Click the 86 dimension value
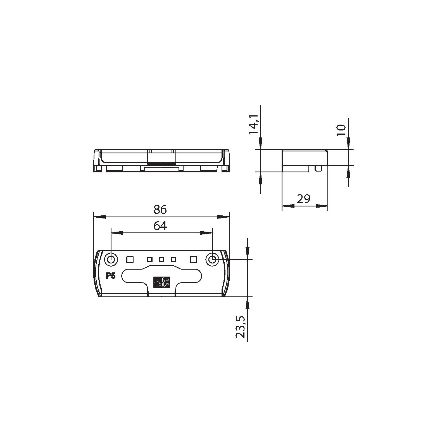click(x=160, y=209)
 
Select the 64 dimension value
click(x=160, y=226)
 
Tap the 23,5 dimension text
click(x=241, y=327)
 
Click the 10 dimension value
click(x=341, y=130)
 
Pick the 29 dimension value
click(x=304, y=199)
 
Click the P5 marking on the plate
click(x=111, y=276)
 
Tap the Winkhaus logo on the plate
click(x=161, y=282)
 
